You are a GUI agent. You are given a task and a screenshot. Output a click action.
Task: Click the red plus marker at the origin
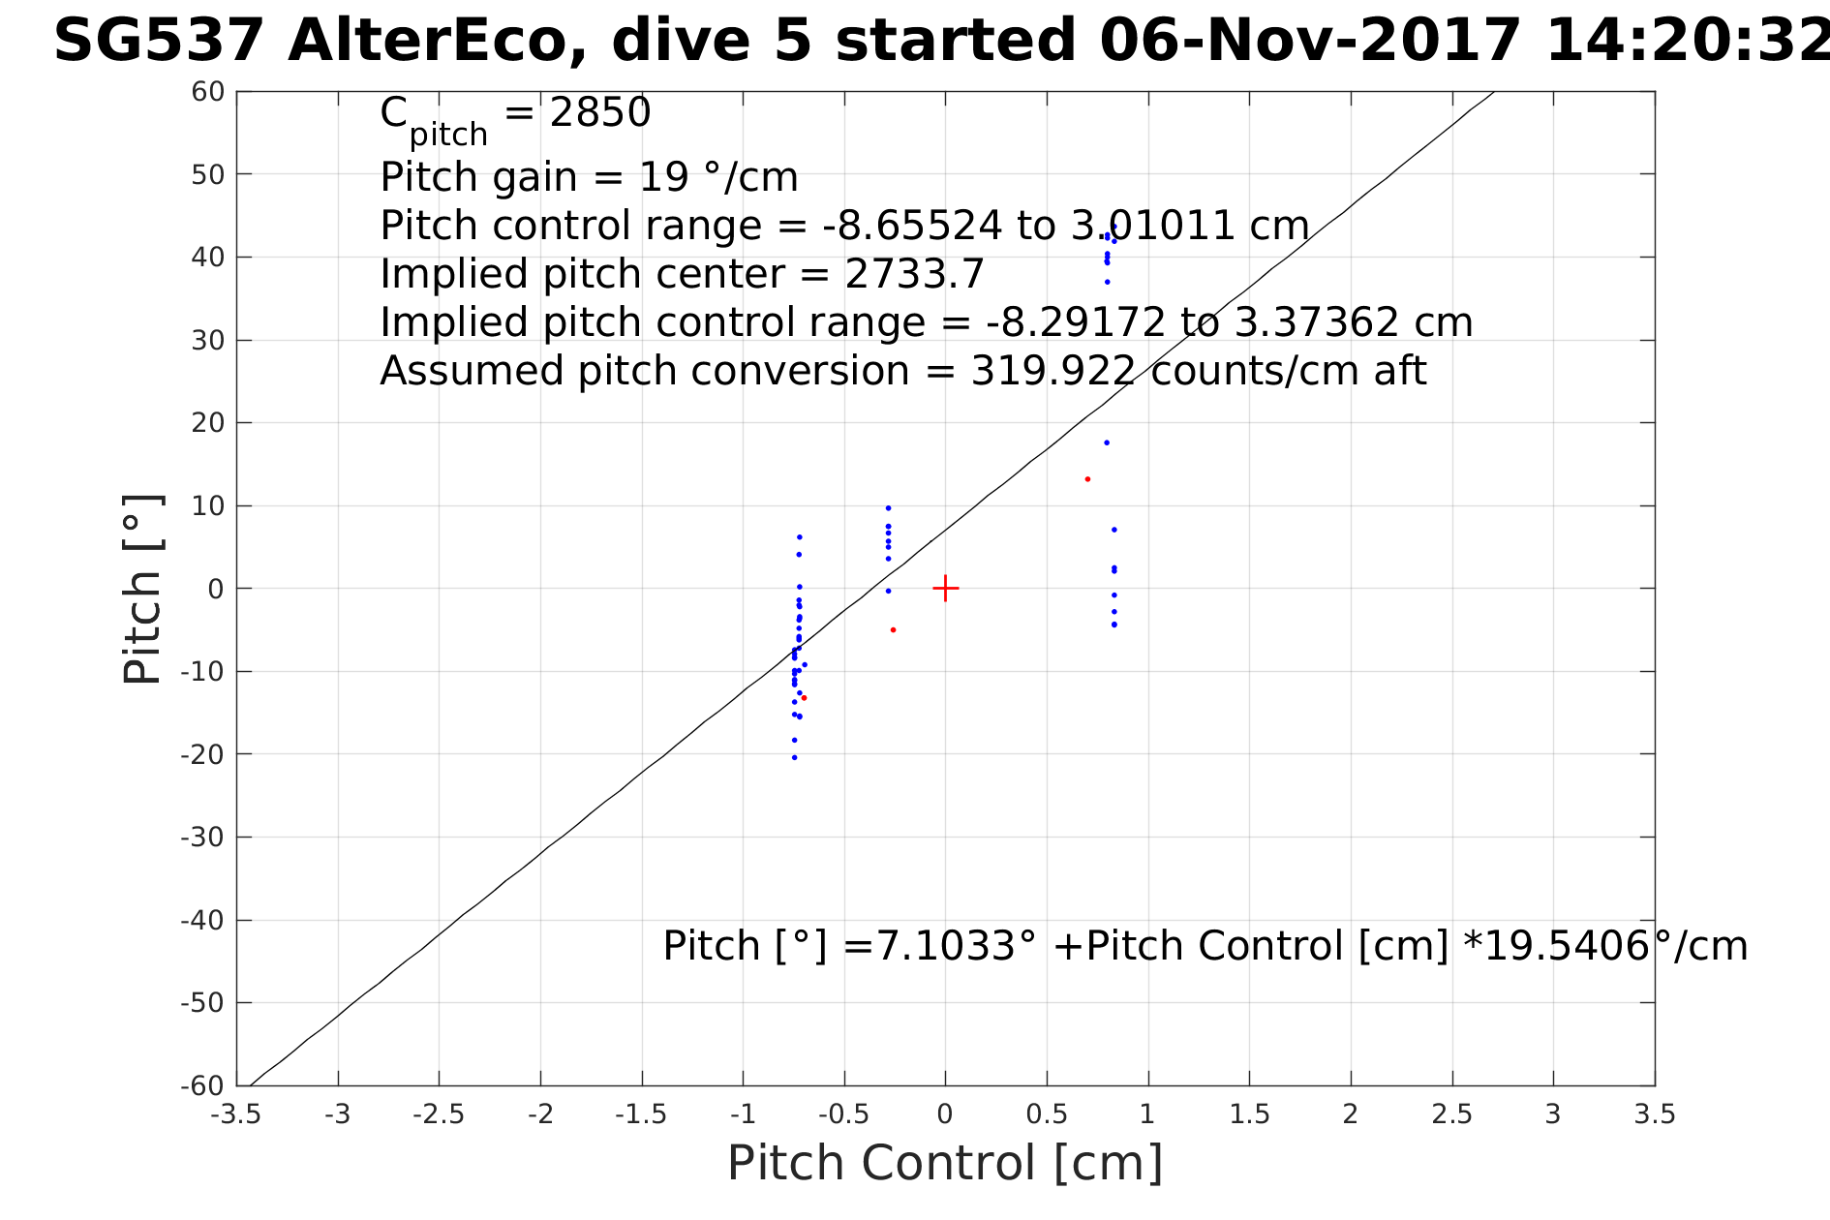tap(945, 588)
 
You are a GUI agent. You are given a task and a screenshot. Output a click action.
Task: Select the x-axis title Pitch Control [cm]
tap(944, 1163)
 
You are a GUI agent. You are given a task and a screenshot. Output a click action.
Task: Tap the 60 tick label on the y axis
tap(208, 92)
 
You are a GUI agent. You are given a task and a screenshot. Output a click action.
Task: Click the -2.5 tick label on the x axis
tap(439, 1114)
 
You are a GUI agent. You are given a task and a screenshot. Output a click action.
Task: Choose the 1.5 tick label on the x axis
tap(1249, 1114)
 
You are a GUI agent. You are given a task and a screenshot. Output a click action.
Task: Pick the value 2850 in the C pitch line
tap(600, 113)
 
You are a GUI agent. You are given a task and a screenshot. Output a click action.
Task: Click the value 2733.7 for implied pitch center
tap(914, 274)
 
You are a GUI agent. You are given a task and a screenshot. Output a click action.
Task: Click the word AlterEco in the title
tap(437, 42)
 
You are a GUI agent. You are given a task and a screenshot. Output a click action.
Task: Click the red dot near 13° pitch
tap(1087, 479)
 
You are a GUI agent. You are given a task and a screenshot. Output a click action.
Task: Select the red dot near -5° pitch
tap(893, 630)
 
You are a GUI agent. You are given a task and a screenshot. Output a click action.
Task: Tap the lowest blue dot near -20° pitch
tap(794, 757)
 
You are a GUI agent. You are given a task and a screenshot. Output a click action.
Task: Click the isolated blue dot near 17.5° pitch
tap(1107, 442)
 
